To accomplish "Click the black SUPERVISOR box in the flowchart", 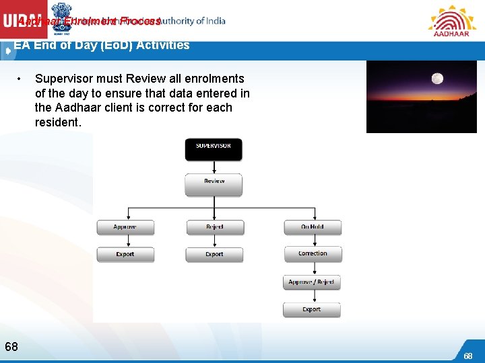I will click(x=214, y=149).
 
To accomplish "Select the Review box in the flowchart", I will click(x=214, y=184).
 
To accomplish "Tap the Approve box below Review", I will click(x=125, y=227).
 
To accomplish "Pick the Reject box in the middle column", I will click(x=214, y=227).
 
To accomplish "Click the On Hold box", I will click(x=312, y=227).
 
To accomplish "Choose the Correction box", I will click(x=312, y=254).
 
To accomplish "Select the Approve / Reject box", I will click(x=311, y=282).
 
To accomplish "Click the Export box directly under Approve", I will click(x=125, y=255).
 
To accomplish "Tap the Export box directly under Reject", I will click(x=214, y=255).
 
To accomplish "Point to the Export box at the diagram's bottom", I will click(x=311, y=310).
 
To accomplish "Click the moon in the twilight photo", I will click(x=437, y=79).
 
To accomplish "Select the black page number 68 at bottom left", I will click(x=11, y=347).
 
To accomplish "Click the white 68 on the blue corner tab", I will click(x=467, y=356).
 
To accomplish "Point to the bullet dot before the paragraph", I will click(x=22, y=79).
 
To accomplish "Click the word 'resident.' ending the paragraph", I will click(x=58, y=122).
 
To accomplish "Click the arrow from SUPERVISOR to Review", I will click(x=214, y=167).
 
